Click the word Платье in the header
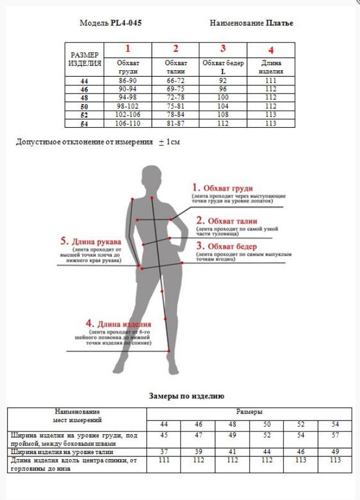click(x=280, y=23)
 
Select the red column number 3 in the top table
click(x=223, y=49)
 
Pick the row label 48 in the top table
click(x=84, y=99)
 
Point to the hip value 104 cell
click(x=223, y=107)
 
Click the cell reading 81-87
click(x=175, y=123)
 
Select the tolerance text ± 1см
click(x=169, y=142)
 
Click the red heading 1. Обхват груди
click(x=223, y=188)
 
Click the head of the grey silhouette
click(x=152, y=175)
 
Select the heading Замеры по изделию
click(x=186, y=396)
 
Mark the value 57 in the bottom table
click(x=335, y=436)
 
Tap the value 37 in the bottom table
click(x=164, y=451)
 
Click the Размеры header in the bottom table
click(x=249, y=411)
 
